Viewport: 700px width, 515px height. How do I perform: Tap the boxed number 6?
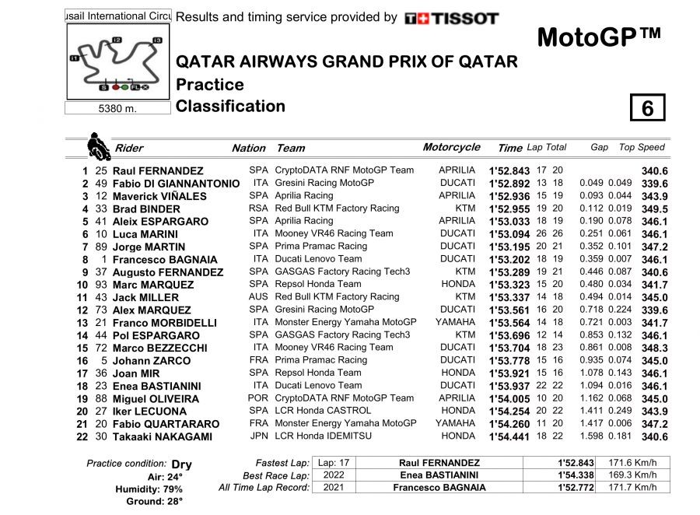647,108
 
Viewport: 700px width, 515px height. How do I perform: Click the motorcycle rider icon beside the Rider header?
98,145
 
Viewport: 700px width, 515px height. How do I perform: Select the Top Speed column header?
642,147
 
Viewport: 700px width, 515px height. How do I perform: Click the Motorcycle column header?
451,147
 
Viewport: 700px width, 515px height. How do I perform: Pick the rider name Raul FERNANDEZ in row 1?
158,170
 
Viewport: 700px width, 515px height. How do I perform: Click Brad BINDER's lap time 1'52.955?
509,208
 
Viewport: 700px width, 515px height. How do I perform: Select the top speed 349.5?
654,208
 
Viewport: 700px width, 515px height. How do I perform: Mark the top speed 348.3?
654,348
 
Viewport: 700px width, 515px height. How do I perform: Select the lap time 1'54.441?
509,436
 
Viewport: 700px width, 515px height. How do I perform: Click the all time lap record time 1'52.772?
575,488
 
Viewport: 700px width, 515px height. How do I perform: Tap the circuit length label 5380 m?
117,109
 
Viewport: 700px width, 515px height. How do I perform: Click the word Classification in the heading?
231,106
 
